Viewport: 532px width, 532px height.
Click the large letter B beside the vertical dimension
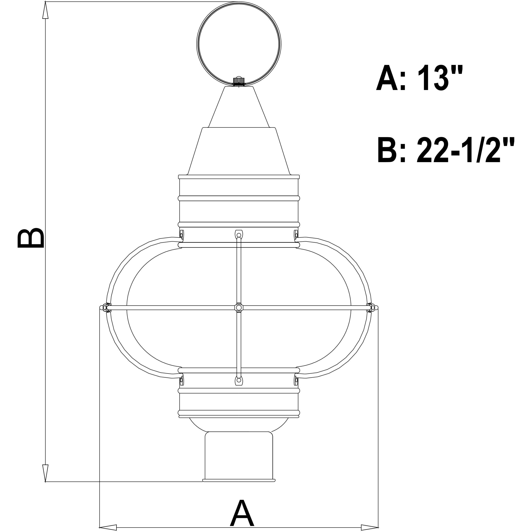(30, 238)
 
